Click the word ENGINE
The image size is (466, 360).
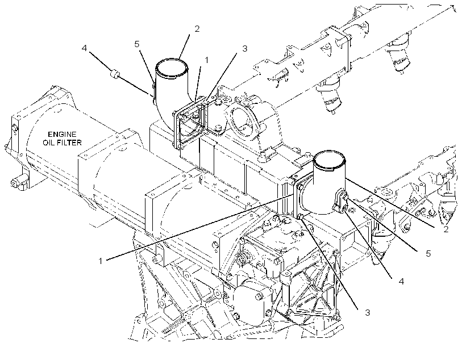coord(62,135)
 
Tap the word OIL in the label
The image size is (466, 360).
coord(49,143)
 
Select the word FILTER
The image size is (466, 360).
coord(69,143)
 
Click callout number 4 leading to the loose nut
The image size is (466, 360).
coord(85,48)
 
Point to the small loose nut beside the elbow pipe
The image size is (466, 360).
coord(114,74)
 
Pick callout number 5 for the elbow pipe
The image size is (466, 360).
coord(137,44)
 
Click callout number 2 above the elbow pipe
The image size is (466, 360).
coord(197,29)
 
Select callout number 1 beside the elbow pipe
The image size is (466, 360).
coord(206,60)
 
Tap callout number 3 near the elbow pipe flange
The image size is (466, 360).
coord(244,49)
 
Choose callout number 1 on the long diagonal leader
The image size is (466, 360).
coord(101,261)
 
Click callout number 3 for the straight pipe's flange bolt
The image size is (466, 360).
coord(368,312)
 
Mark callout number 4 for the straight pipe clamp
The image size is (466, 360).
coord(401,281)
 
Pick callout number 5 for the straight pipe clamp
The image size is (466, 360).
coord(428,254)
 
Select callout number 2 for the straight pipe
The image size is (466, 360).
coord(446,229)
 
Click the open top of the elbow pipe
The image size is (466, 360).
coord(172,60)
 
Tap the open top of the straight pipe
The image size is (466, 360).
coord(330,153)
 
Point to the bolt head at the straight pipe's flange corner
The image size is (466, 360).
coord(300,216)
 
